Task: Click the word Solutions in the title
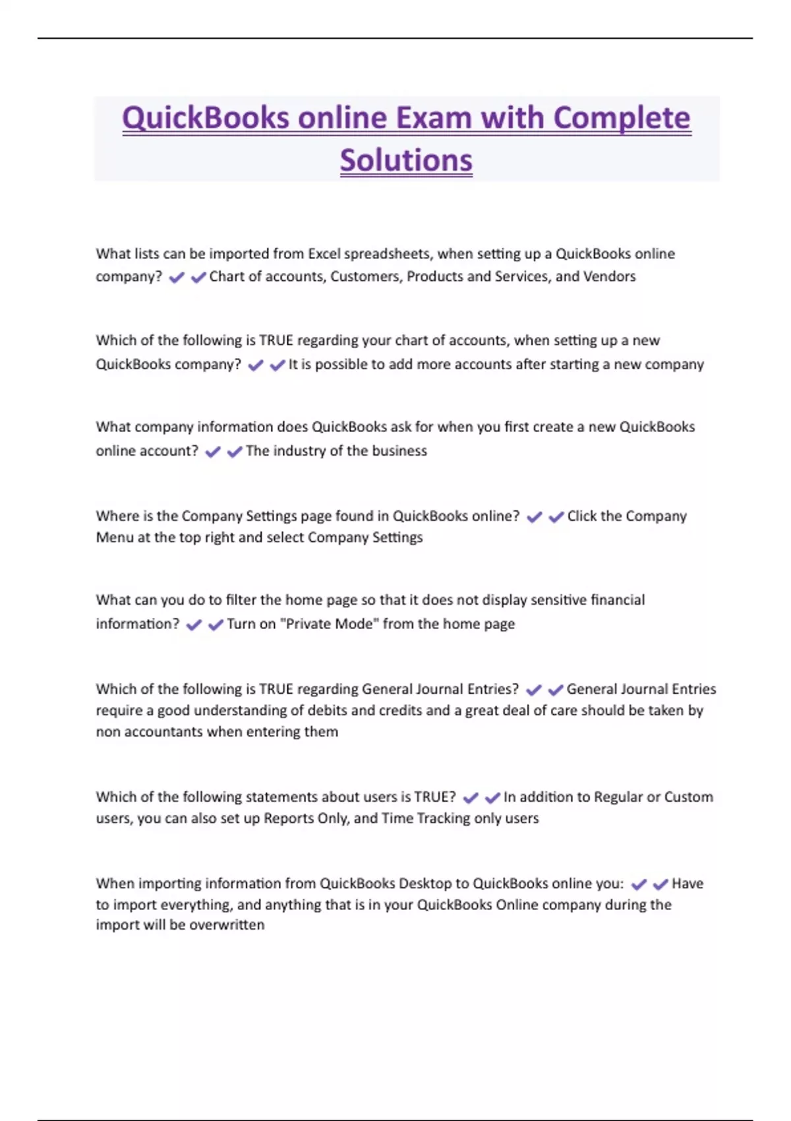tap(406, 160)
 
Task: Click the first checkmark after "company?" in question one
tap(176, 278)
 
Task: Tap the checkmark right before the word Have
tap(660, 884)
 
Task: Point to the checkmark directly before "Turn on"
tap(216, 624)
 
